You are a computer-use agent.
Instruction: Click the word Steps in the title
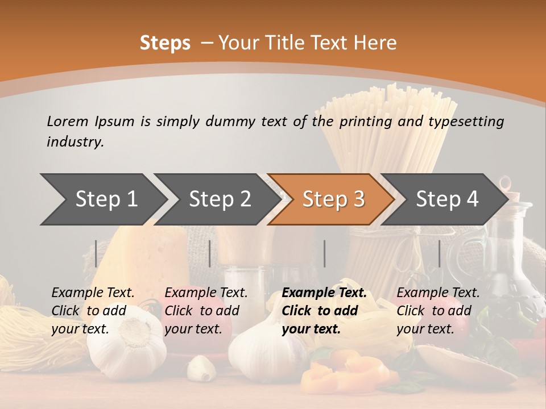click(165, 43)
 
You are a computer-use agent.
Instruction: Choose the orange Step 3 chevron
click(333, 199)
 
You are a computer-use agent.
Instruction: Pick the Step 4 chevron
click(447, 199)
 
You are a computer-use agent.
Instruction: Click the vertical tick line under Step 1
click(96, 253)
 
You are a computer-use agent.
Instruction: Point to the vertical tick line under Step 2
click(210, 253)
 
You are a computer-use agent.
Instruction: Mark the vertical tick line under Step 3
click(325, 253)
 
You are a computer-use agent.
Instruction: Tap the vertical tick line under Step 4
click(440, 253)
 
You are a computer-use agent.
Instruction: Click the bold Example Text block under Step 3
click(324, 311)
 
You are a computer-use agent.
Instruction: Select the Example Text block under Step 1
click(93, 311)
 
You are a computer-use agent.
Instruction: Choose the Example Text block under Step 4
click(438, 311)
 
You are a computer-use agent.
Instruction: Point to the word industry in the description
click(75, 142)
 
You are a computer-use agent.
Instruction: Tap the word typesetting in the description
click(470, 121)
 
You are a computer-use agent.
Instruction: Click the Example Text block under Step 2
click(206, 311)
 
